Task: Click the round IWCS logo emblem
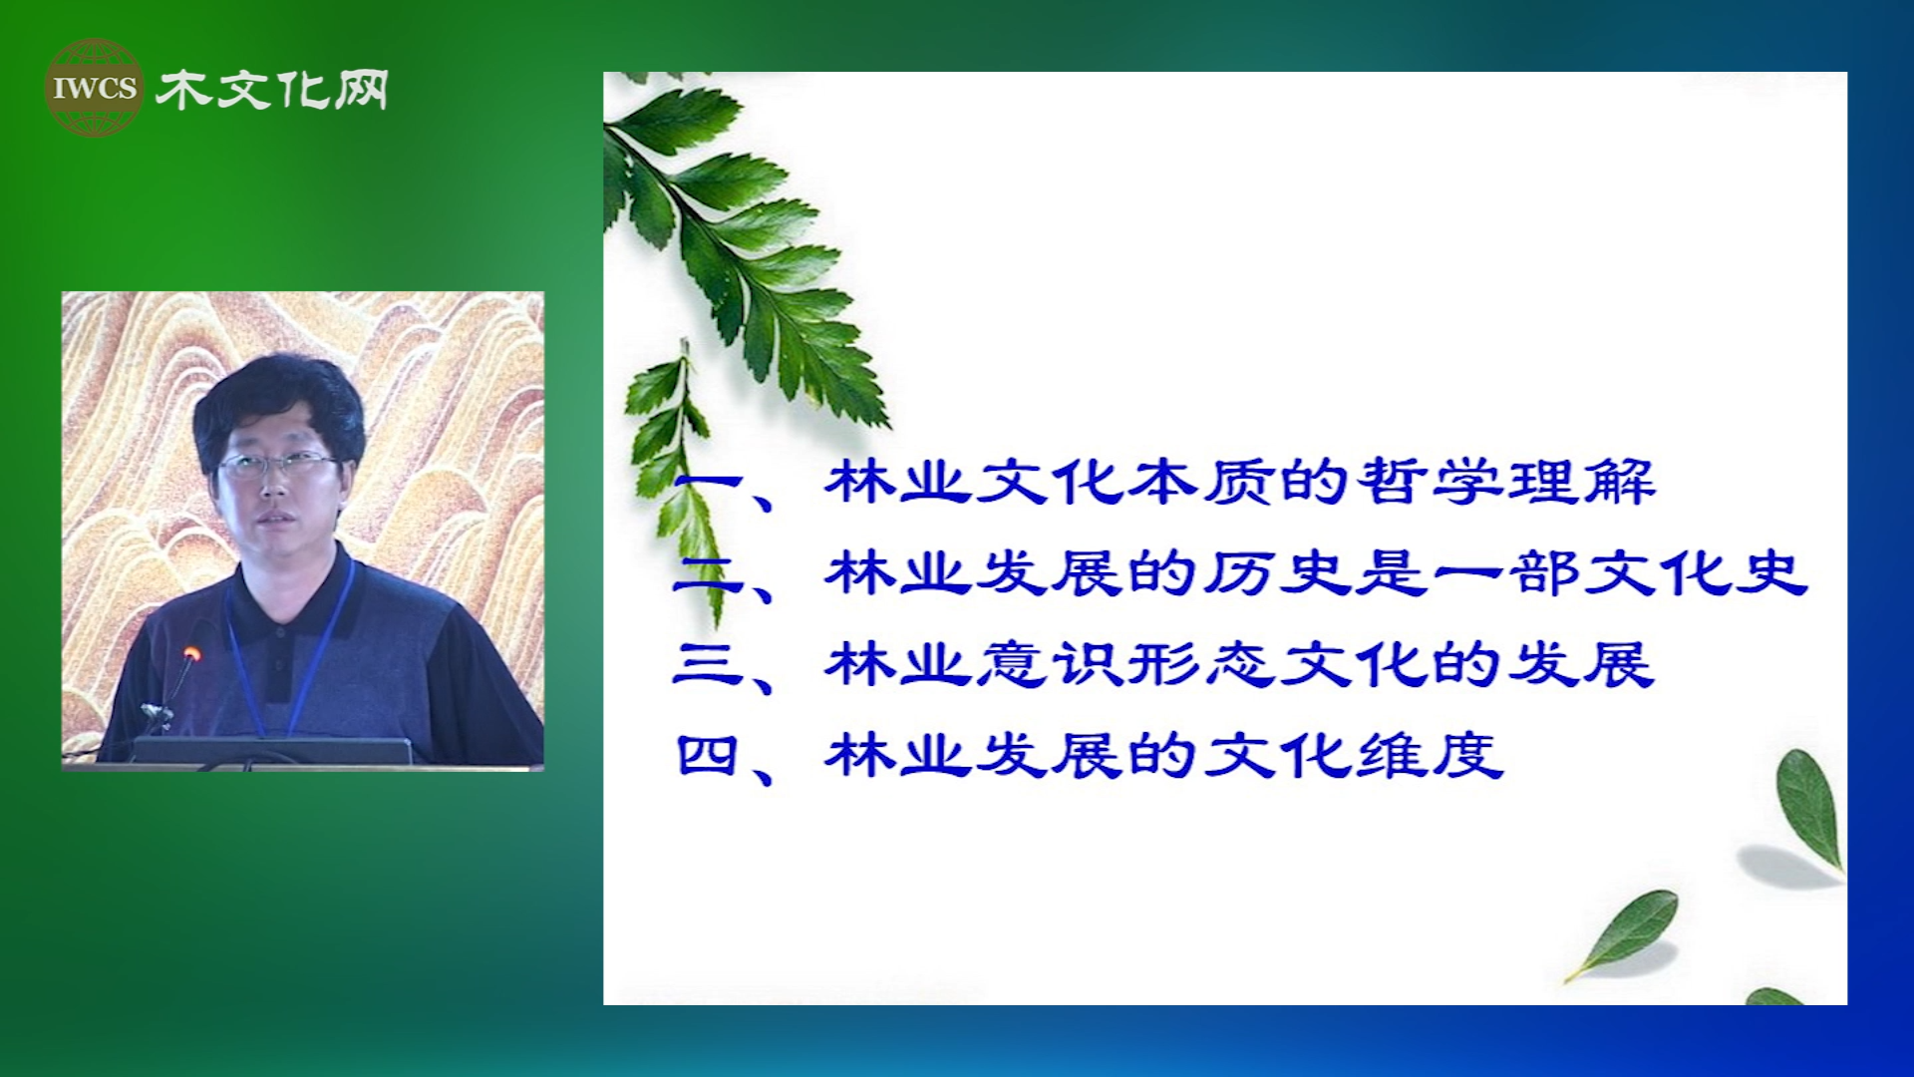(95, 88)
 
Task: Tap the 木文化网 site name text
(271, 91)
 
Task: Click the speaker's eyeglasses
(277, 463)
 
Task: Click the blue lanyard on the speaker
(289, 648)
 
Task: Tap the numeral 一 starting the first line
(708, 483)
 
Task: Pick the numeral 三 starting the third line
(709, 664)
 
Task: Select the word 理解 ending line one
(1581, 482)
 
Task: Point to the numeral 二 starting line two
(708, 574)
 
